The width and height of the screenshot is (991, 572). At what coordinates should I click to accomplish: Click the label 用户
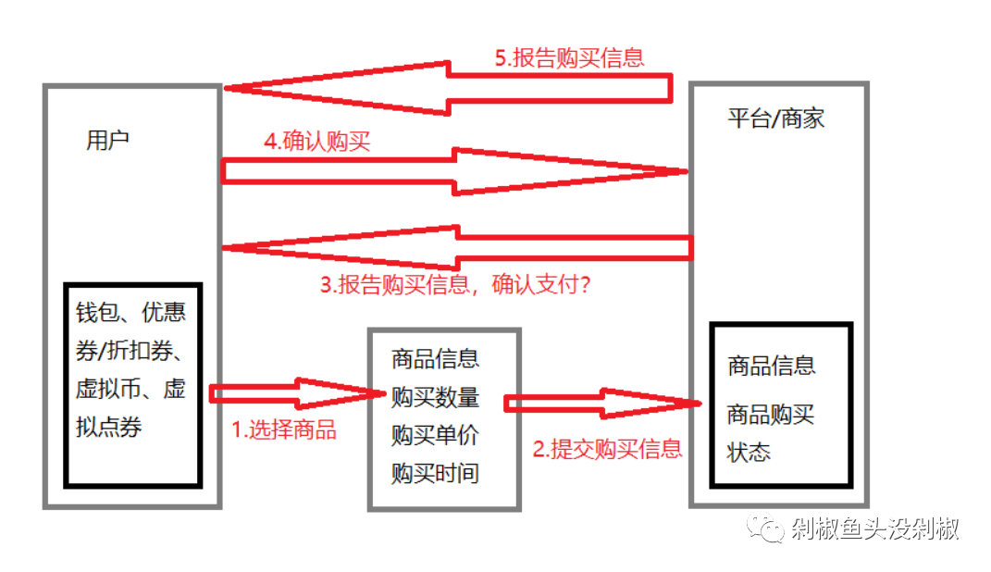107,141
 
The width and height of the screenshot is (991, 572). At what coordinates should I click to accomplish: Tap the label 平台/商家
775,118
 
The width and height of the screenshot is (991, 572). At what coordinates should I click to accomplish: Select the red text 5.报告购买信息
569,57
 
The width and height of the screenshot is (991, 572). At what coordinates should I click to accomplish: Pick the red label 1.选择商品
283,429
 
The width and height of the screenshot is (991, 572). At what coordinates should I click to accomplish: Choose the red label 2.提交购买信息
607,449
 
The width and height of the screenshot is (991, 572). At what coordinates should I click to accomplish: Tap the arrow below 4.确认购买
453,171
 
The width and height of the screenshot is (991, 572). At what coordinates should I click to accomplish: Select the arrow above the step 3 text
453,247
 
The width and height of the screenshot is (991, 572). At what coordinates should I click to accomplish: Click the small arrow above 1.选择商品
296,393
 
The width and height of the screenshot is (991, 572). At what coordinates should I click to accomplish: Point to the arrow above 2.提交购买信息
601,403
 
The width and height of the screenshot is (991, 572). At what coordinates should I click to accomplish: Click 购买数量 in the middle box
435,398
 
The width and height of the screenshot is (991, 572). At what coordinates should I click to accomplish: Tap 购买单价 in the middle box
435,435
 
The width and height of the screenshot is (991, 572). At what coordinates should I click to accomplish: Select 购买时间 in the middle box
435,474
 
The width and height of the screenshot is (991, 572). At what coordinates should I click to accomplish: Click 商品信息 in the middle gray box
435,358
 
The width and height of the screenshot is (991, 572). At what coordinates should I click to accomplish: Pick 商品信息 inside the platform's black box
772,365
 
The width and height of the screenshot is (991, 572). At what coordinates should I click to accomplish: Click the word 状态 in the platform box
749,454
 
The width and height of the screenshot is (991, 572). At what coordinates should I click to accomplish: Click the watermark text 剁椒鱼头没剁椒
874,528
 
